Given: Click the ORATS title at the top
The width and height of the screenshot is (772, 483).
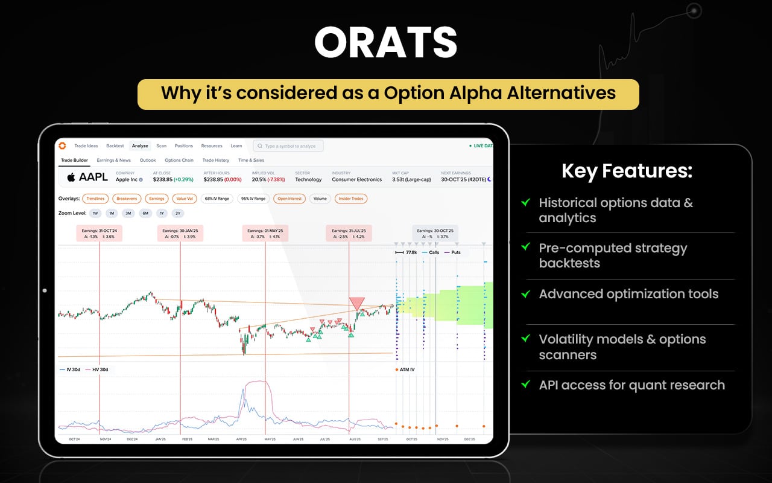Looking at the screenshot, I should click(385, 44).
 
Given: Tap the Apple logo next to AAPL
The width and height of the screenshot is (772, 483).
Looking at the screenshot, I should click(71, 177).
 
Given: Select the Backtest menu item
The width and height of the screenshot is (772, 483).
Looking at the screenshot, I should click(115, 146).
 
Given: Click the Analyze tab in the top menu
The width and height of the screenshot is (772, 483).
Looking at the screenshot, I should click(140, 146).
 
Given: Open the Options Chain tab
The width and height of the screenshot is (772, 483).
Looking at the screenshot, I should click(179, 160).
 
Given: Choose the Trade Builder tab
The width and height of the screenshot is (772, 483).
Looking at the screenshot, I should click(74, 160).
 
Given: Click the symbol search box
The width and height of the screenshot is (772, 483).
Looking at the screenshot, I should click(288, 146).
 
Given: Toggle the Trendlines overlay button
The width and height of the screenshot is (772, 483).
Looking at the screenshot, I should click(95, 199).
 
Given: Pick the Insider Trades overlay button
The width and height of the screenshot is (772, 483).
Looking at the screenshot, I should click(350, 199).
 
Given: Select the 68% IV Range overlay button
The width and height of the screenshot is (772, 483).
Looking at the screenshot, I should click(217, 199).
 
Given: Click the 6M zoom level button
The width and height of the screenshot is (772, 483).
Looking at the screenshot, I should click(145, 213).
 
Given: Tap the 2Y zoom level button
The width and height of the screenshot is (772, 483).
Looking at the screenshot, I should click(177, 213).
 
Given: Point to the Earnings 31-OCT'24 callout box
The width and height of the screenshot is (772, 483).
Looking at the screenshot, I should click(100, 233).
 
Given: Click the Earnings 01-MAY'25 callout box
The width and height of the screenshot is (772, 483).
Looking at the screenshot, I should click(265, 233).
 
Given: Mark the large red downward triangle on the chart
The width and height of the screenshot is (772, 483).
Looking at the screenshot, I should click(356, 304).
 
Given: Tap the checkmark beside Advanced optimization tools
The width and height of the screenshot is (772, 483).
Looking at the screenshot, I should click(526, 294).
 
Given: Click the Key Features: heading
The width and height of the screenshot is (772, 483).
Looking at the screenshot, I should click(627, 171).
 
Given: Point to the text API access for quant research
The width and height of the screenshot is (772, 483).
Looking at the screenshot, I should click(631, 385).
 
